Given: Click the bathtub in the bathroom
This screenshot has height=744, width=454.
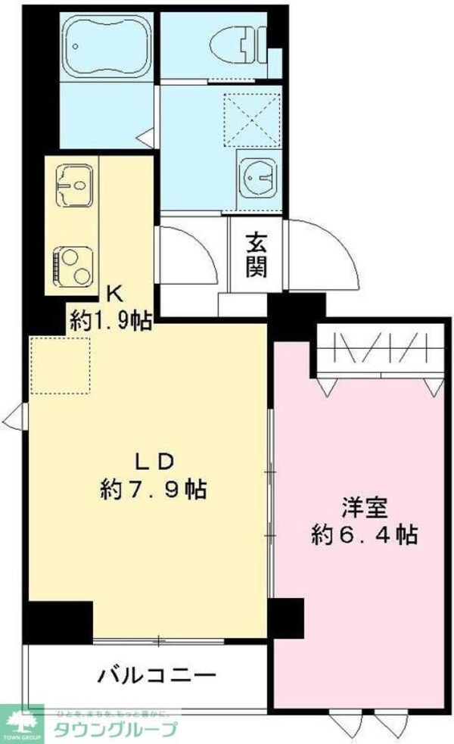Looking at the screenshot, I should (x=106, y=45).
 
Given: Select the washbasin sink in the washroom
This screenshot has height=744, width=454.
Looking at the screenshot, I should (x=257, y=175).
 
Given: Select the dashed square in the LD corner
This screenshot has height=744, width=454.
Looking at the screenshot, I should (x=61, y=364).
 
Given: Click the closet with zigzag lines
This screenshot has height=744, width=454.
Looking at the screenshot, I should (x=378, y=350).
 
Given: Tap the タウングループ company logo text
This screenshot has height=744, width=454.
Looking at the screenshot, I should (x=113, y=730).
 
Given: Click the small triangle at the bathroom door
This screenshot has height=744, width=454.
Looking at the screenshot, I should (x=144, y=136).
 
